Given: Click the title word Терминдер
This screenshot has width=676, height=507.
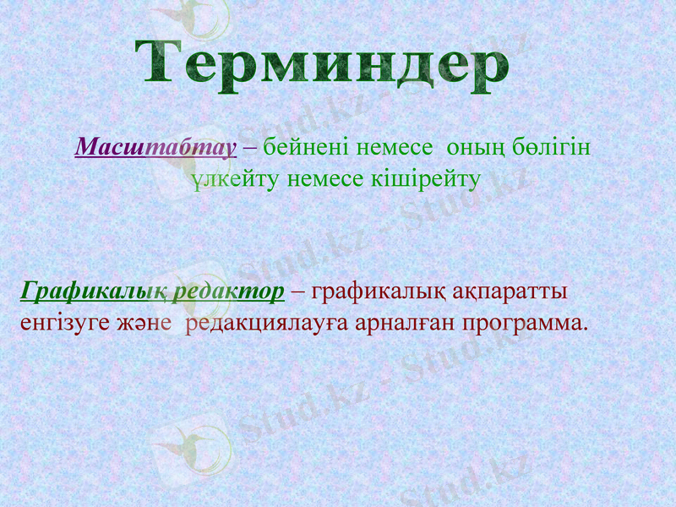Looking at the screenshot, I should click(x=323, y=63).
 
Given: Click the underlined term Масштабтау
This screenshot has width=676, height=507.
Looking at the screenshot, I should click(x=155, y=148).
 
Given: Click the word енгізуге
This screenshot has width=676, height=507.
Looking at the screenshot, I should click(x=57, y=323).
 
